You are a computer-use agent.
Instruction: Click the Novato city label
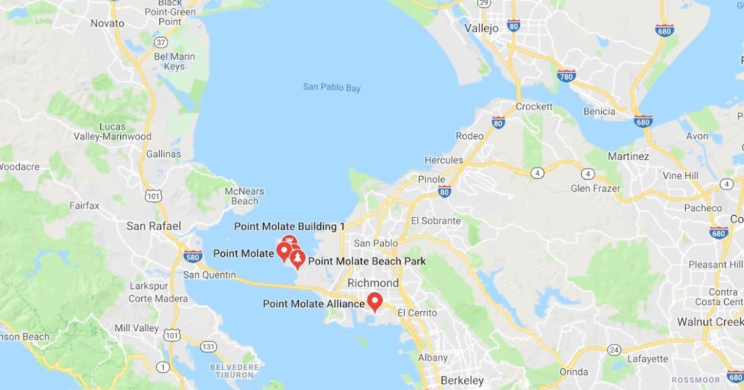(x=107, y=24)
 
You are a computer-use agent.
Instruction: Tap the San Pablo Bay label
(x=332, y=87)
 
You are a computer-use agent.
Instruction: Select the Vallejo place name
(x=482, y=28)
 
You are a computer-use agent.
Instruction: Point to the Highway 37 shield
(x=161, y=43)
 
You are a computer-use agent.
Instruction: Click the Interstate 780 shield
(x=566, y=76)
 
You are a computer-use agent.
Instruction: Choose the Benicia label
(x=599, y=111)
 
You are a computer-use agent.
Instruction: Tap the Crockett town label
(x=534, y=106)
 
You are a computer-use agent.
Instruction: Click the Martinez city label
(x=628, y=157)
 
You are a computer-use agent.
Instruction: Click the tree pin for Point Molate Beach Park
(x=298, y=259)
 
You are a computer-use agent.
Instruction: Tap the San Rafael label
(x=153, y=226)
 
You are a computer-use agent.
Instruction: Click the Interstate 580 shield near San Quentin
(x=192, y=256)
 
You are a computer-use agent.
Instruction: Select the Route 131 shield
(x=208, y=346)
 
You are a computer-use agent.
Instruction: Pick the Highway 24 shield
(x=613, y=350)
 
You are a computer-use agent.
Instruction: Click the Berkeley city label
(x=461, y=380)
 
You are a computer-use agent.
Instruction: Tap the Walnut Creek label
(x=710, y=322)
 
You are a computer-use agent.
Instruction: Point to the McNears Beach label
(x=244, y=195)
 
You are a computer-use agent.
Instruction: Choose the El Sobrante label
(x=436, y=220)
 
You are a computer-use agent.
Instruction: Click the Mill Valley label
(x=137, y=327)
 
